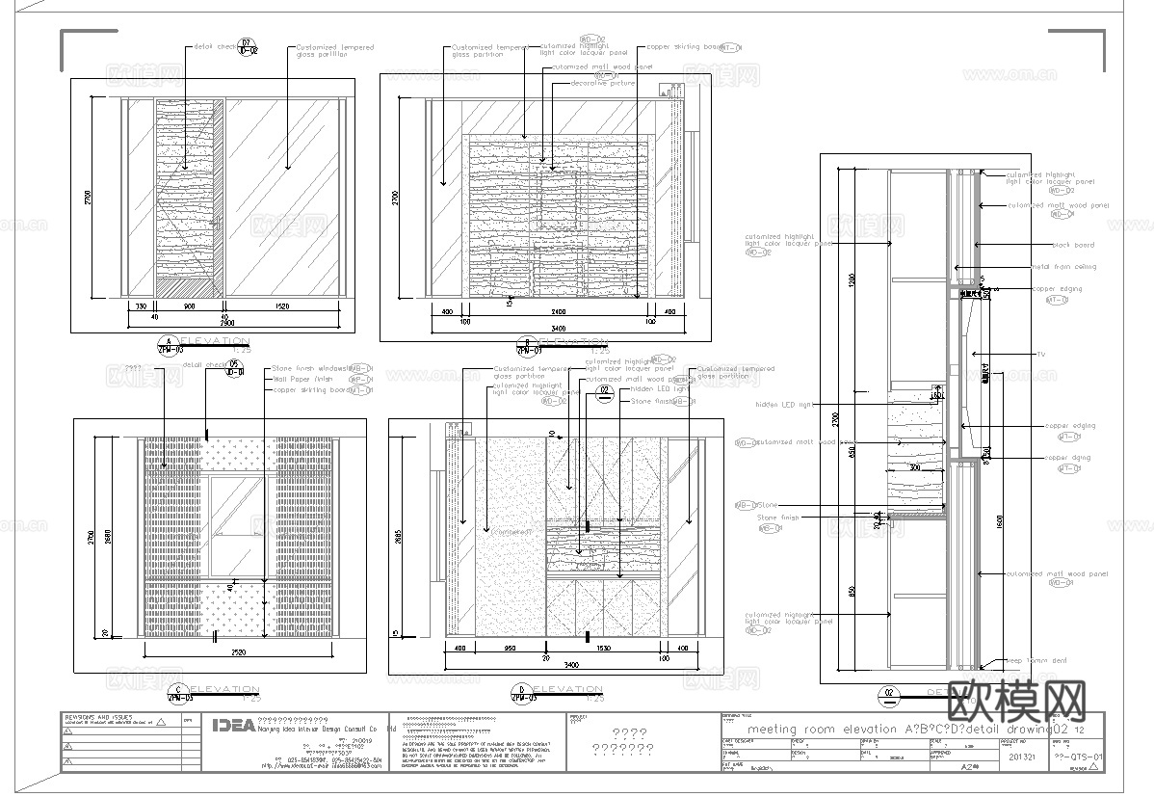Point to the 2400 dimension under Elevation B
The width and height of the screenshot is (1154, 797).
tap(544, 313)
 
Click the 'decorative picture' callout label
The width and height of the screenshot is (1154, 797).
tap(603, 84)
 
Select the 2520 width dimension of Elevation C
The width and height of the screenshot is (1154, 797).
tap(240, 652)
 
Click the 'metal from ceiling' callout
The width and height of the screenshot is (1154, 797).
tap(1063, 267)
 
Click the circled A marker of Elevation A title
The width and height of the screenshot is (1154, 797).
tap(170, 344)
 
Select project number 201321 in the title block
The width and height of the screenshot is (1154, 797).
tap(1022, 757)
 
